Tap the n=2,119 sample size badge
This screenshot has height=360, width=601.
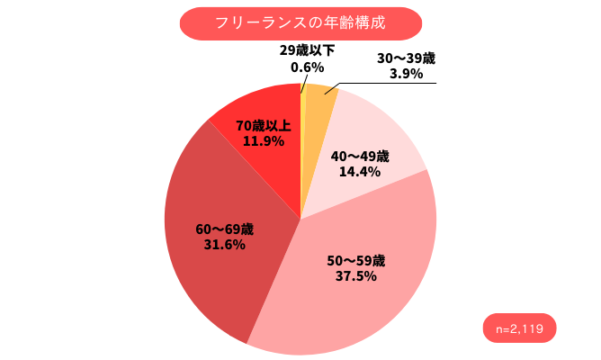(x=520, y=328)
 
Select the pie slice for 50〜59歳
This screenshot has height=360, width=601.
(x=360, y=297)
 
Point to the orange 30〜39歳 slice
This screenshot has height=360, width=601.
(x=317, y=126)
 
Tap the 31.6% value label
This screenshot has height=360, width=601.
(x=221, y=244)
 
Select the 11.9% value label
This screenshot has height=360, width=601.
(x=262, y=140)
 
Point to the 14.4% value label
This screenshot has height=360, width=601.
(x=359, y=171)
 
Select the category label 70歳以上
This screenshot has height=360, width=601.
(x=262, y=125)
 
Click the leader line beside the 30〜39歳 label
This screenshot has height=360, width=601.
(x=396, y=85)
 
